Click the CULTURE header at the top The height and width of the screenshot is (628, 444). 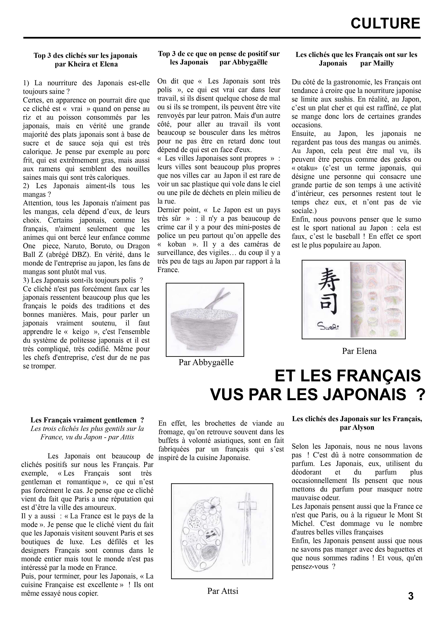[x=385, y=23]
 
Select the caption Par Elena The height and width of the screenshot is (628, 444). [x=359, y=351]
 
